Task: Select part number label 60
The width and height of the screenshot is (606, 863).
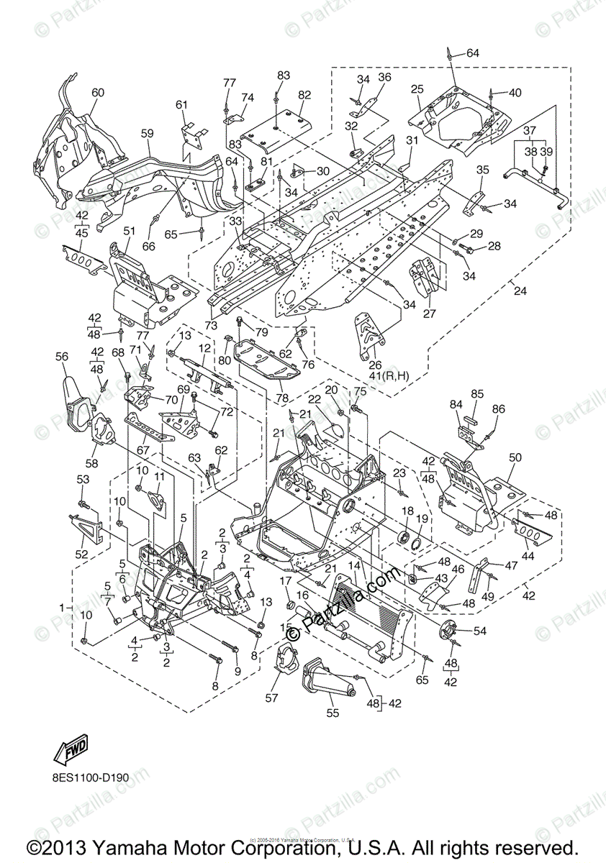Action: [97, 93]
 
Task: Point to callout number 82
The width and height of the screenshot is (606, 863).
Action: [304, 94]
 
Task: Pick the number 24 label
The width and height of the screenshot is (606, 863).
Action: [520, 291]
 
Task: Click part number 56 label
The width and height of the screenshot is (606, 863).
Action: [62, 357]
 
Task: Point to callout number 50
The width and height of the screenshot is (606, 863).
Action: [515, 457]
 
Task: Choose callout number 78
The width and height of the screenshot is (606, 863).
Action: [281, 398]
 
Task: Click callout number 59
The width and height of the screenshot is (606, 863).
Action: [148, 134]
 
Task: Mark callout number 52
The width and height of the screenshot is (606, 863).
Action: [81, 554]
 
